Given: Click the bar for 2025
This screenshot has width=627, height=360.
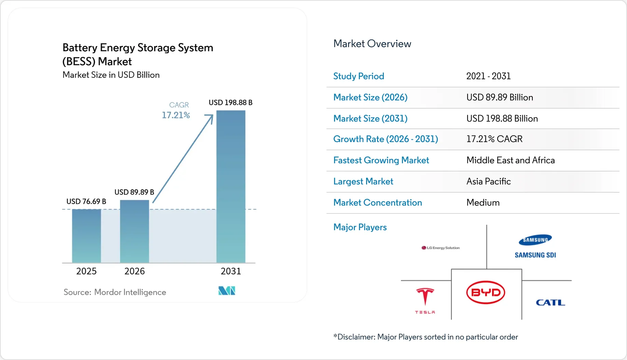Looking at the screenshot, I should point(86,236).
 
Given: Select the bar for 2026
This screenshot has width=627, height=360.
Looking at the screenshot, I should point(135,231).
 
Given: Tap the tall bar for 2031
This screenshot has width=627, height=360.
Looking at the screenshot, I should point(231,186).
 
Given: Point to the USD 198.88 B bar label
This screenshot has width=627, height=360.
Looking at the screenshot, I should point(231,102).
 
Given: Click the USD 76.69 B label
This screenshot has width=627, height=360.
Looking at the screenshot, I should point(86,202).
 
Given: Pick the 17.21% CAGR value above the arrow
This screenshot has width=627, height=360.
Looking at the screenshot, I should point(176,115).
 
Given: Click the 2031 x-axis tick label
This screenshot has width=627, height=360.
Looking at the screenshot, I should point(231,271).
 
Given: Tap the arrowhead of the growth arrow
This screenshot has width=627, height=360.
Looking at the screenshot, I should point(210,118).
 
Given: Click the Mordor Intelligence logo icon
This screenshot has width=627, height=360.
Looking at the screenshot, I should point(227,291).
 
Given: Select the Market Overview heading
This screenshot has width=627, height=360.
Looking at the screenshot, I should point(372,44).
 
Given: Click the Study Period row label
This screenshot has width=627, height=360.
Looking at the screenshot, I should point(359,76).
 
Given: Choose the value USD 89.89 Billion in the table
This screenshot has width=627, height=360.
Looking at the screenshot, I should point(499,97).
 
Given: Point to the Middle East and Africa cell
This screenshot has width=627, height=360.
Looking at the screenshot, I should point(510,160).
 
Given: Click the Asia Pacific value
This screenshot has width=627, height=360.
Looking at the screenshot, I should point(488,181).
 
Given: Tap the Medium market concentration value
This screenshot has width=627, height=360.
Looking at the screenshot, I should point(483,203).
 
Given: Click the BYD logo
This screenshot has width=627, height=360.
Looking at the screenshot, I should point(486,292).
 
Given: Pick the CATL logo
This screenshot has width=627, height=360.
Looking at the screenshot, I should point(550,302).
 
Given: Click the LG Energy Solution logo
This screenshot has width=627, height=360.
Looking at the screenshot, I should point(441,248).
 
